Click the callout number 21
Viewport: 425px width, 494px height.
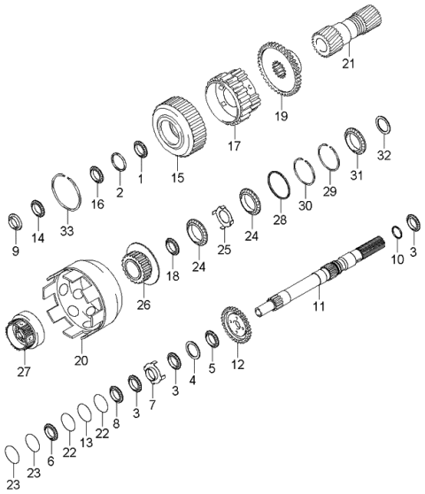[x=349, y=64]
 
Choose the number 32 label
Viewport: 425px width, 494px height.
[x=384, y=155]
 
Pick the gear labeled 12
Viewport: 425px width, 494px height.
[x=236, y=326]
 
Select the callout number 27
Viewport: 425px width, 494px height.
[x=24, y=372]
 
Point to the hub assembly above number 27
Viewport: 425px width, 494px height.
[x=24, y=331]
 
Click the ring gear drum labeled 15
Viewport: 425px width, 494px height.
[x=179, y=127]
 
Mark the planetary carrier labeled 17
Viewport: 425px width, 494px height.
[x=233, y=97]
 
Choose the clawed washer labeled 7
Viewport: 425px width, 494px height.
[x=154, y=373]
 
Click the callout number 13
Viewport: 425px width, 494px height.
[x=86, y=443]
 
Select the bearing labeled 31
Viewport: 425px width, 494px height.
[x=354, y=140]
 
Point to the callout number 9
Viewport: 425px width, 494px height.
[x=16, y=251]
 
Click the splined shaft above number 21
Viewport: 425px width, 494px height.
[x=347, y=32]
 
